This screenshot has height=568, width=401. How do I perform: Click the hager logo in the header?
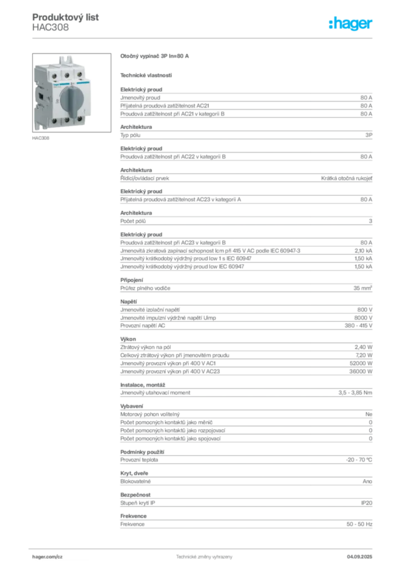[351, 24]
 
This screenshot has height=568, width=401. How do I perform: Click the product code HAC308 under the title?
[50, 28]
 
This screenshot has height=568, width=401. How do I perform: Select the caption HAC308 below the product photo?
[40, 138]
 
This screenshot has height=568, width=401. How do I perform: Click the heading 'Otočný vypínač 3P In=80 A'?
[155, 56]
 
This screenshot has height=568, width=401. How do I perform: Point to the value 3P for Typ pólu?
[368, 135]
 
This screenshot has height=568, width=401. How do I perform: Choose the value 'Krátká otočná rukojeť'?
[346, 178]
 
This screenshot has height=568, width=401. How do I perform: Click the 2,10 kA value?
[363, 251]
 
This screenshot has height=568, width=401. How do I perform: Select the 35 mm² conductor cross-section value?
[363, 288]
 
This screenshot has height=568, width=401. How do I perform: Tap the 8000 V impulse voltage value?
[363, 318]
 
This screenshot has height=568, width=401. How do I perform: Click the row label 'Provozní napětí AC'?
[142, 326]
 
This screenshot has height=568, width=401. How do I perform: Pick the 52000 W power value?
[361, 363]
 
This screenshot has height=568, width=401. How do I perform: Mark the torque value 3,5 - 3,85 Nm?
[355, 393]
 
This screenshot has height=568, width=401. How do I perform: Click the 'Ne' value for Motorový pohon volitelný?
[368, 414]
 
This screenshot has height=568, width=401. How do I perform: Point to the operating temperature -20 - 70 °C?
[359, 460]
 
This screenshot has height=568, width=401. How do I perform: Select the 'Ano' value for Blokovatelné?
[367, 481]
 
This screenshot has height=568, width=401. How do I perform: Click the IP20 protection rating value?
[367, 503]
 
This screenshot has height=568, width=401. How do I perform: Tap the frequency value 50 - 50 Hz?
[359, 524]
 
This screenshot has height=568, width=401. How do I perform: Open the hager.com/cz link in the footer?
[48, 557]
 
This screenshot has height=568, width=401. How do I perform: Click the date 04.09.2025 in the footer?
[359, 557]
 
